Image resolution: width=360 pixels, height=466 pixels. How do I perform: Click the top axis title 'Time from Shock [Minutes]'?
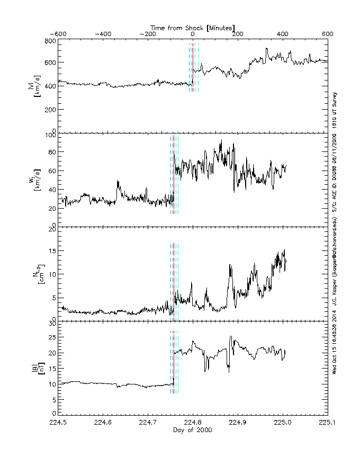coord(193,27)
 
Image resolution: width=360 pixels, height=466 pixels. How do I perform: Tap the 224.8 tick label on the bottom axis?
coord(193,423)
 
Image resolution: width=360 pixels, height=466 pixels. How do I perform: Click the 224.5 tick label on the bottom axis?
coord(58,423)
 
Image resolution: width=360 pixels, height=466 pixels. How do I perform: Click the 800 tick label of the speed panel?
coord(50,41)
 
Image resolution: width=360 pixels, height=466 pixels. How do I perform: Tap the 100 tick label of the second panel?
coord(50,135)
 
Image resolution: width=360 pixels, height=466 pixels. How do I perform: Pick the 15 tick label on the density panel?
coord(51,252)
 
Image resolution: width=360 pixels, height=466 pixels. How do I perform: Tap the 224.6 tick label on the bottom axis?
coord(103,423)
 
